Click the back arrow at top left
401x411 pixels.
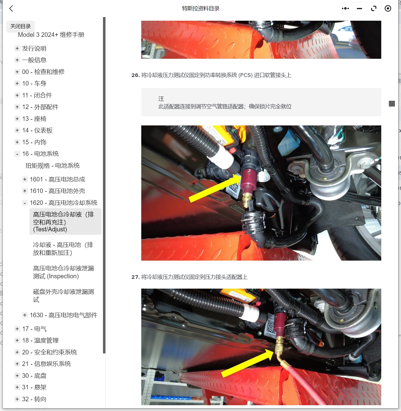tap(11, 9)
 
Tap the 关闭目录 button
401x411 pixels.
tap(20, 26)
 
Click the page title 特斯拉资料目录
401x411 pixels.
tap(200, 9)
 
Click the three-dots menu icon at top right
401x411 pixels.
tap(345, 9)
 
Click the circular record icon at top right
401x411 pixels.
tap(388, 9)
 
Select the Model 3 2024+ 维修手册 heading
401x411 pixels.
tap(51, 35)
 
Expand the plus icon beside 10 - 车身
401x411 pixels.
tap(17, 83)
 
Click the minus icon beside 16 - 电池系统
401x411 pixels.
tap(17, 154)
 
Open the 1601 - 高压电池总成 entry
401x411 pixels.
tap(57, 179)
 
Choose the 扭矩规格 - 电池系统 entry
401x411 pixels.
tap(52, 166)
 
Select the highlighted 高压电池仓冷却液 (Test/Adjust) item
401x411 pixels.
tap(63, 222)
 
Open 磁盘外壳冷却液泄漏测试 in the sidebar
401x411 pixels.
tap(63, 296)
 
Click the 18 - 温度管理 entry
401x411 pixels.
tap(40, 340)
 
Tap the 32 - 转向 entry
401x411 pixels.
tap(34, 399)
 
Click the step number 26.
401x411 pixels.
tap(135, 75)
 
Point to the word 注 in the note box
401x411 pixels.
tap(161, 99)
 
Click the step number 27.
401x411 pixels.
tap(135, 277)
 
